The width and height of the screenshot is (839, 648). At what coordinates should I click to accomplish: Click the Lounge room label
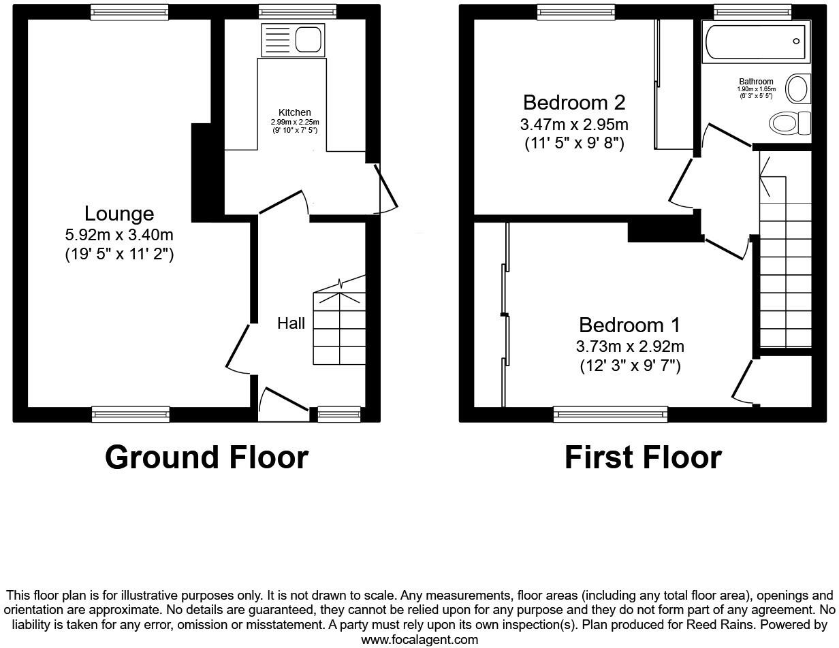[119, 214]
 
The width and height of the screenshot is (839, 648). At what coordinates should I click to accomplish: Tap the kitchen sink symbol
[292, 40]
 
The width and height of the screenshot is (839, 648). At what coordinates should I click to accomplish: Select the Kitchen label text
[294, 112]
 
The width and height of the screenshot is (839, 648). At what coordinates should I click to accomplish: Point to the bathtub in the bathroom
[756, 42]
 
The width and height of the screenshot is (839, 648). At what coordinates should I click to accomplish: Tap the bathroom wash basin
[797, 88]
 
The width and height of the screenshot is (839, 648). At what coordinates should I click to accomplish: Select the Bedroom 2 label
[573, 103]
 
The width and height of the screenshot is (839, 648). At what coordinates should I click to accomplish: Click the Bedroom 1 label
[629, 325]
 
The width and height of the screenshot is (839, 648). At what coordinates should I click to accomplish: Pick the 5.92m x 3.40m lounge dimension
[119, 236]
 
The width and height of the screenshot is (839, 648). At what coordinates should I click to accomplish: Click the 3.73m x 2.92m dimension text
[630, 346]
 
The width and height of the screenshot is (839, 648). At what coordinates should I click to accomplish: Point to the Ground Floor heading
[206, 457]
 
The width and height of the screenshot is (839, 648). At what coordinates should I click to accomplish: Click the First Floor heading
[642, 457]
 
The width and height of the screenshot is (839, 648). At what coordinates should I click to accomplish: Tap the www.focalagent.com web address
[419, 640]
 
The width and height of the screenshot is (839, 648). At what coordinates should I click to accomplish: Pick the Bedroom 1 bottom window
[610, 413]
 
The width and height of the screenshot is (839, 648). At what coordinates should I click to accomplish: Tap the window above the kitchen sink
[298, 12]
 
